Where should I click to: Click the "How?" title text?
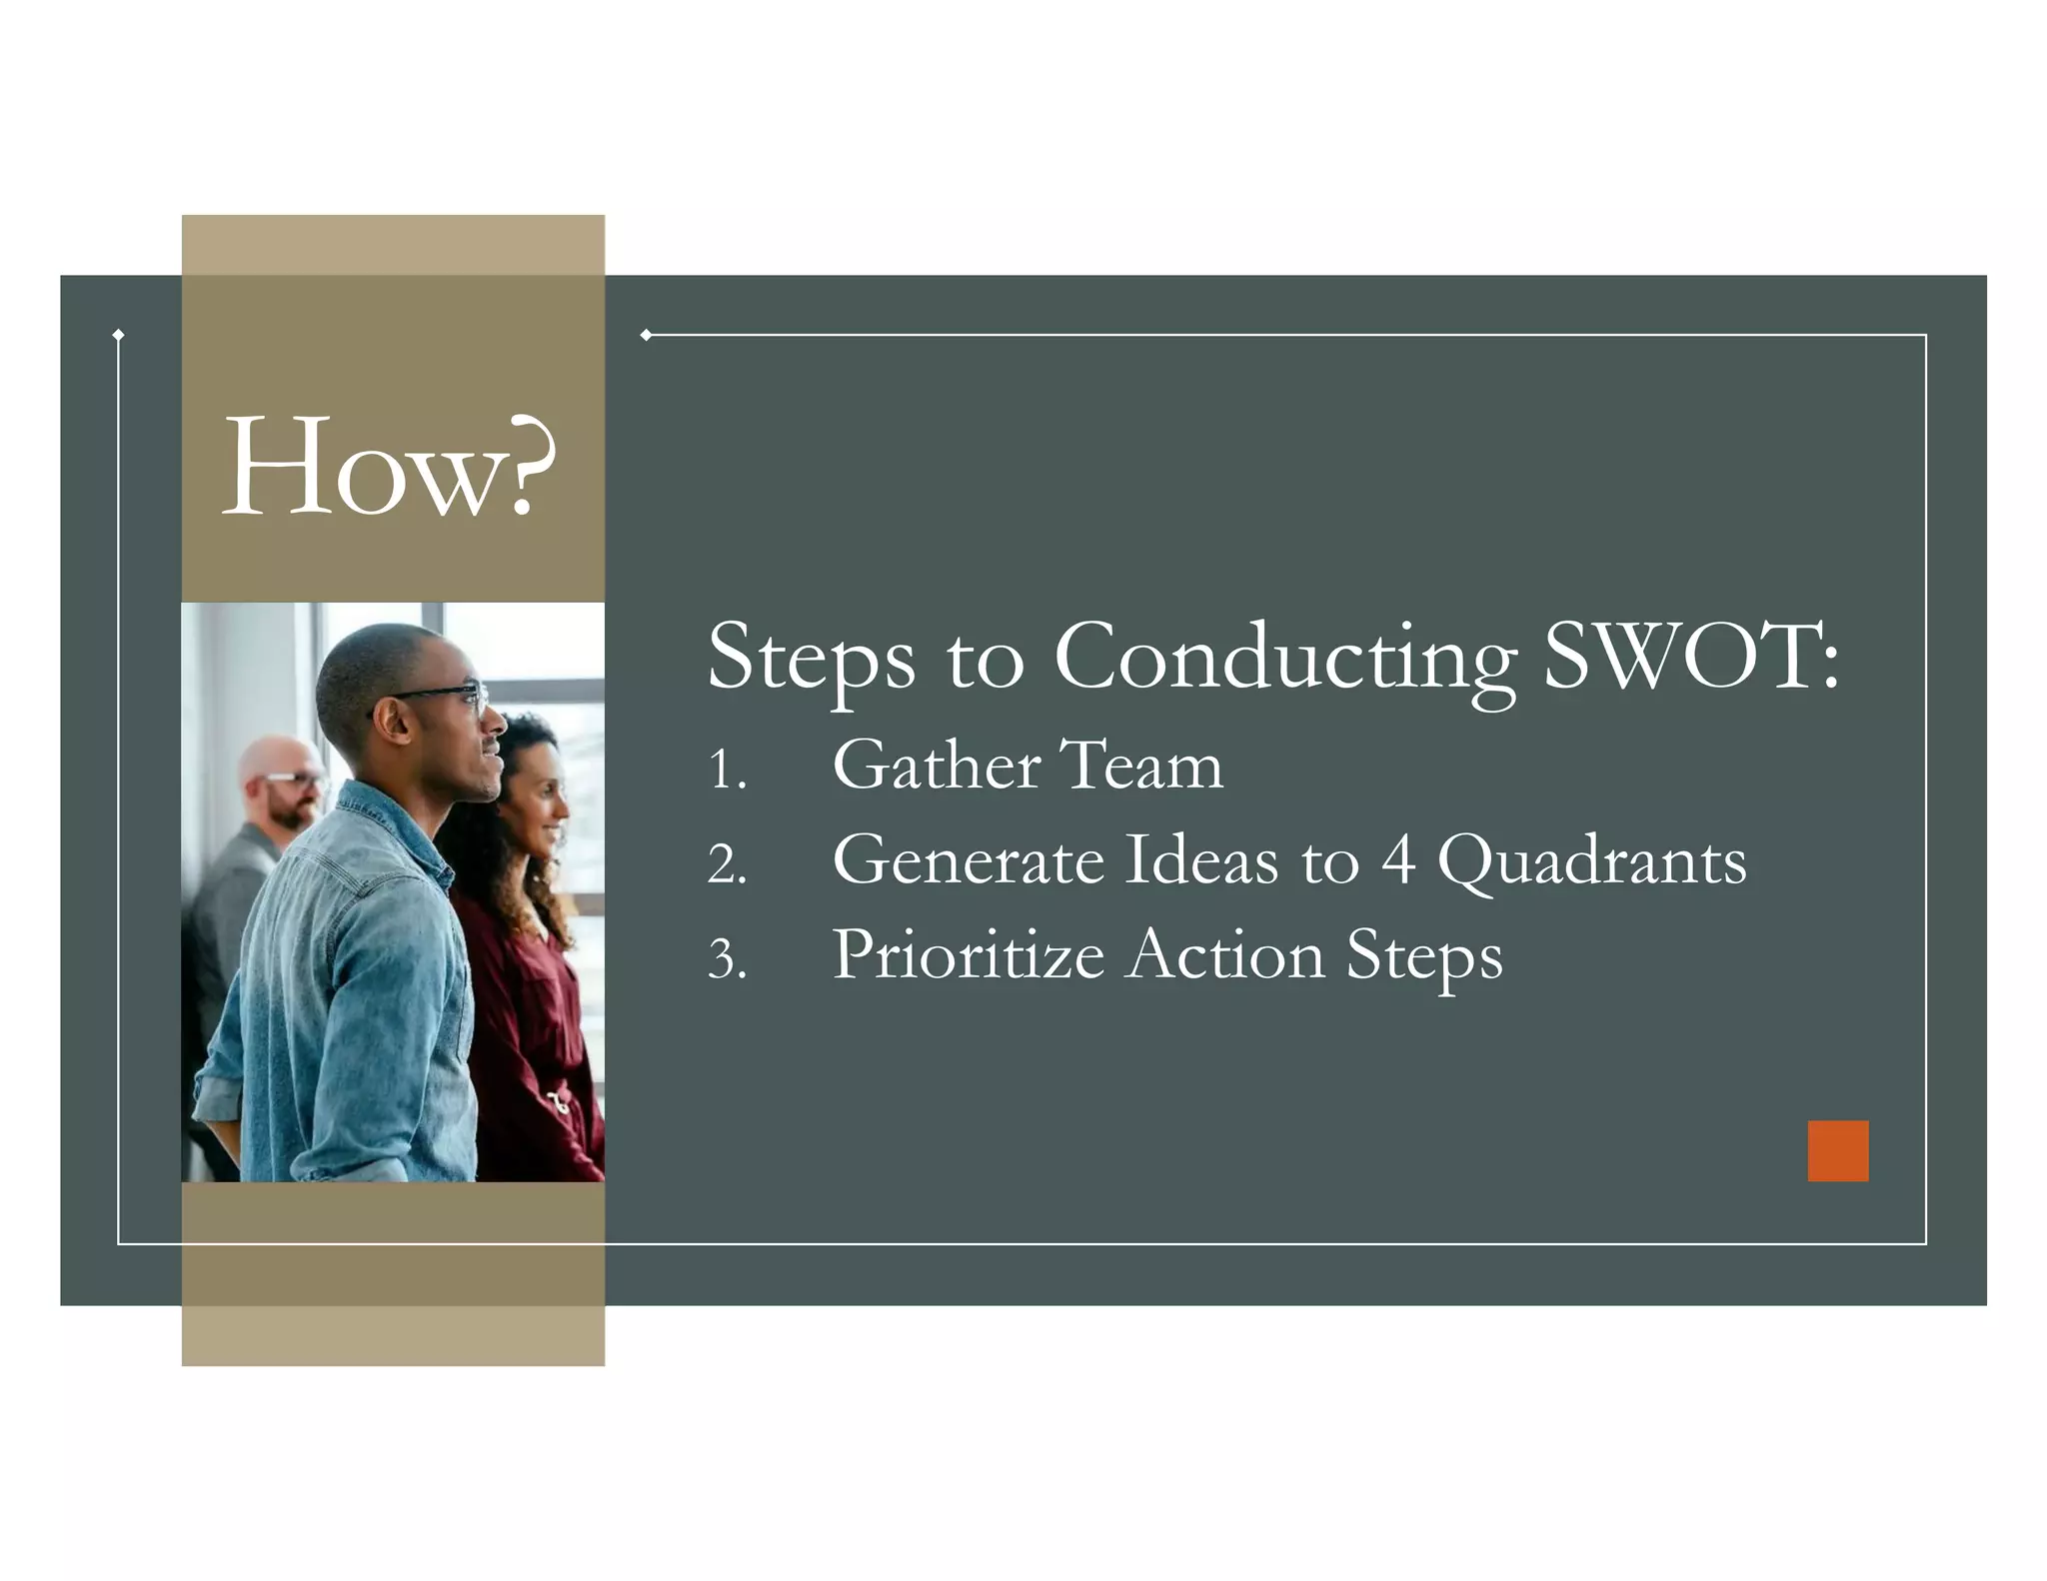pyautogui.click(x=388, y=468)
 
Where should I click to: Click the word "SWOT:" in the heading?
pyautogui.click(x=1690, y=657)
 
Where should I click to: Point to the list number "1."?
pyautogui.click(x=727, y=771)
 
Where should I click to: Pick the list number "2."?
pyautogui.click(x=727, y=864)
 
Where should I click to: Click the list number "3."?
pyautogui.click(x=727, y=958)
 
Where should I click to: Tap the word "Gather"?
pyautogui.click(x=937, y=766)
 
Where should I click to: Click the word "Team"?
pyautogui.click(x=1140, y=766)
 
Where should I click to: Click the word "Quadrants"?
pyautogui.click(x=1591, y=862)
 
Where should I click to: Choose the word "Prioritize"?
pyautogui.click(x=968, y=954)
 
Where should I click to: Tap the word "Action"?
pyautogui.click(x=1225, y=954)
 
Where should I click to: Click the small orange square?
pyautogui.click(x=1837, y=1150)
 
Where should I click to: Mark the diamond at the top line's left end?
pyautogui.click(x=646, y=335)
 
